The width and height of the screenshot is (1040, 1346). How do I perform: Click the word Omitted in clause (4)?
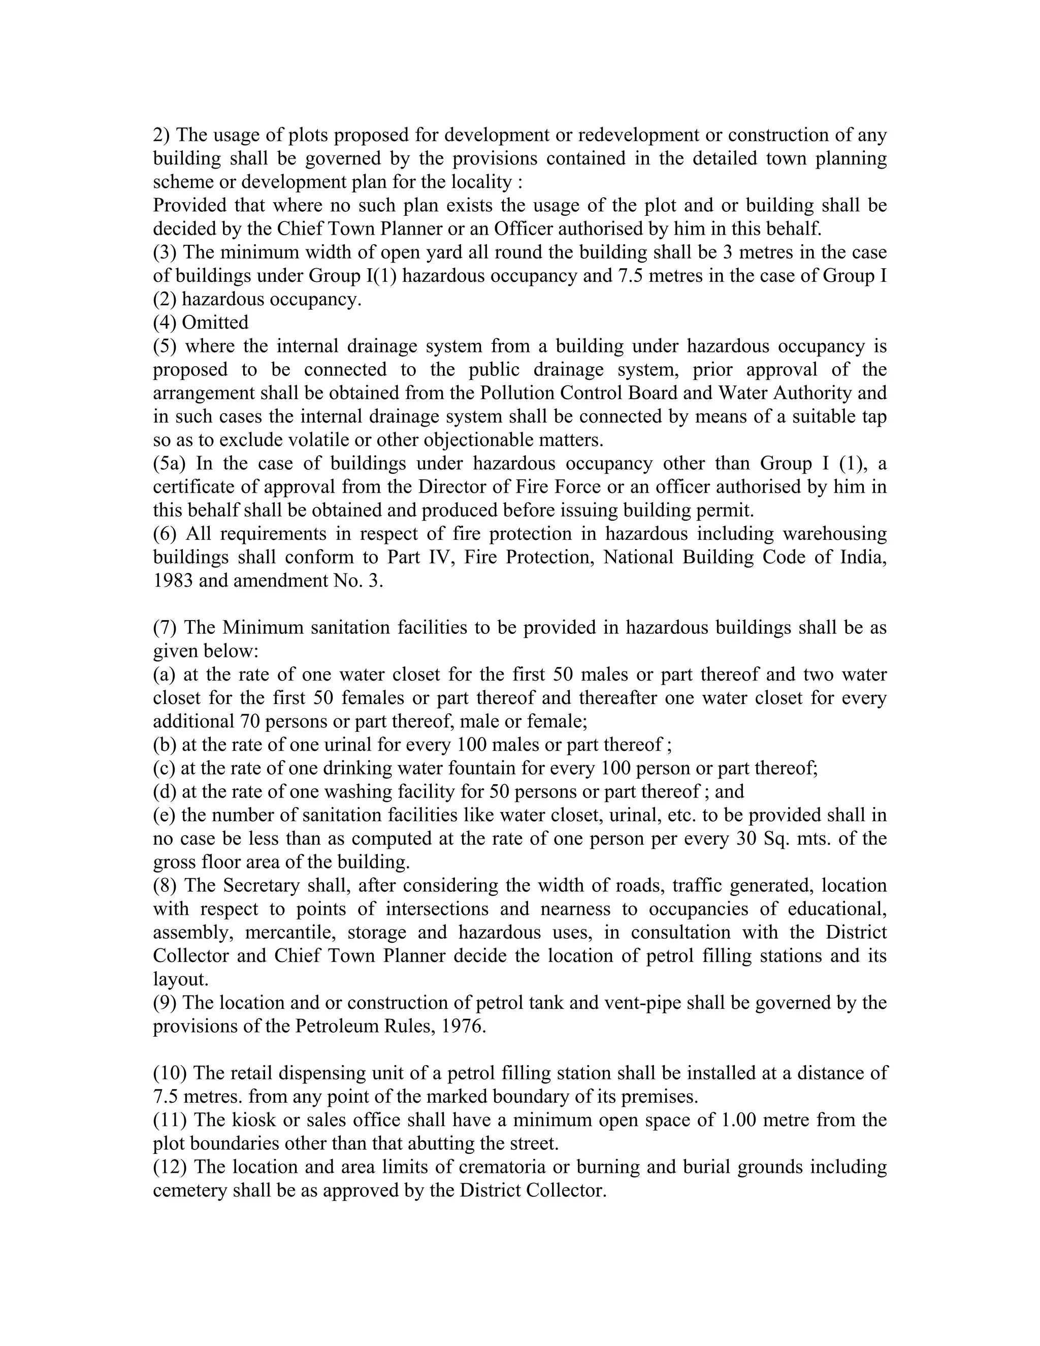(x=215, y=323)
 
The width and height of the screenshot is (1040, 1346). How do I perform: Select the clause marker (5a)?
(x=170, y=463)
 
